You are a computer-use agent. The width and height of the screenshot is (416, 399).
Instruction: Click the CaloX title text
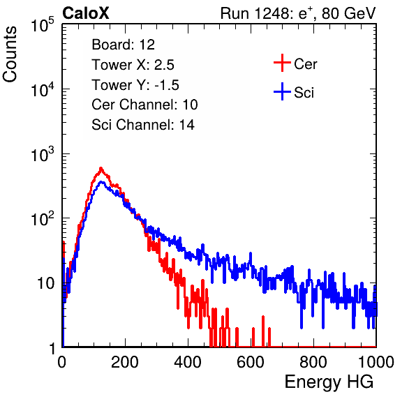[x=85, y=13]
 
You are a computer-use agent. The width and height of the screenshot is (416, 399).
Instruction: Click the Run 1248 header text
[x=298, y=13]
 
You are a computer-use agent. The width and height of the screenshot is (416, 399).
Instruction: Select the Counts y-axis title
[x=10, y=54]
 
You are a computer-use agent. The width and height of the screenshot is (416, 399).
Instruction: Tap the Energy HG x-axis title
[x=329, y=382]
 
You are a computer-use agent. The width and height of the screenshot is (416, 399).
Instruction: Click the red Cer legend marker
[x=282, y=63]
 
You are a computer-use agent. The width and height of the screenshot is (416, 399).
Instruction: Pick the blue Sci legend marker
[x=282, y=91]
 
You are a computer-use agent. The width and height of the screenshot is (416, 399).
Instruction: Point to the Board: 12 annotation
[x=123, y=45]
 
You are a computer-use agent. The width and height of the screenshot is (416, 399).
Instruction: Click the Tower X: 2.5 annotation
[x=133, y=65]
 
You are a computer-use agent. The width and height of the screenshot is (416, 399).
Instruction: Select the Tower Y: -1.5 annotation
[x=135, y=85]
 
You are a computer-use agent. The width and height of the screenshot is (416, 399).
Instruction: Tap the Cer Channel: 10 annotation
[x=144, y=105]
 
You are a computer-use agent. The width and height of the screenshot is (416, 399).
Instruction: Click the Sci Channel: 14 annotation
[x=143, y=125]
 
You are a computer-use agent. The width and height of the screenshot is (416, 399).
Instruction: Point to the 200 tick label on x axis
[x=125, y=362]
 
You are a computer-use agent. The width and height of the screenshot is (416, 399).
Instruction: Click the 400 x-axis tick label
[x=188, y=362]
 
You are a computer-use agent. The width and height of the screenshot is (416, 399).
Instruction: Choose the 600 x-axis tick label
[x=251, y=362]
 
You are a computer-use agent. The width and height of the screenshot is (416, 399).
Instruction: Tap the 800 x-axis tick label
[x=313, y=362]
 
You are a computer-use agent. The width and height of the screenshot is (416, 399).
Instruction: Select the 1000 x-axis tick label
[x=376, y=362]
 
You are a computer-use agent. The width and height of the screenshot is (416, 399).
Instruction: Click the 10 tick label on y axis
[x=45, y=283]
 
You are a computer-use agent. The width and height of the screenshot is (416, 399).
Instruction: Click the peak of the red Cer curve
[x=101, y=168]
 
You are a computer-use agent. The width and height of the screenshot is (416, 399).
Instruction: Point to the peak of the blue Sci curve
[x=101, y=182]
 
